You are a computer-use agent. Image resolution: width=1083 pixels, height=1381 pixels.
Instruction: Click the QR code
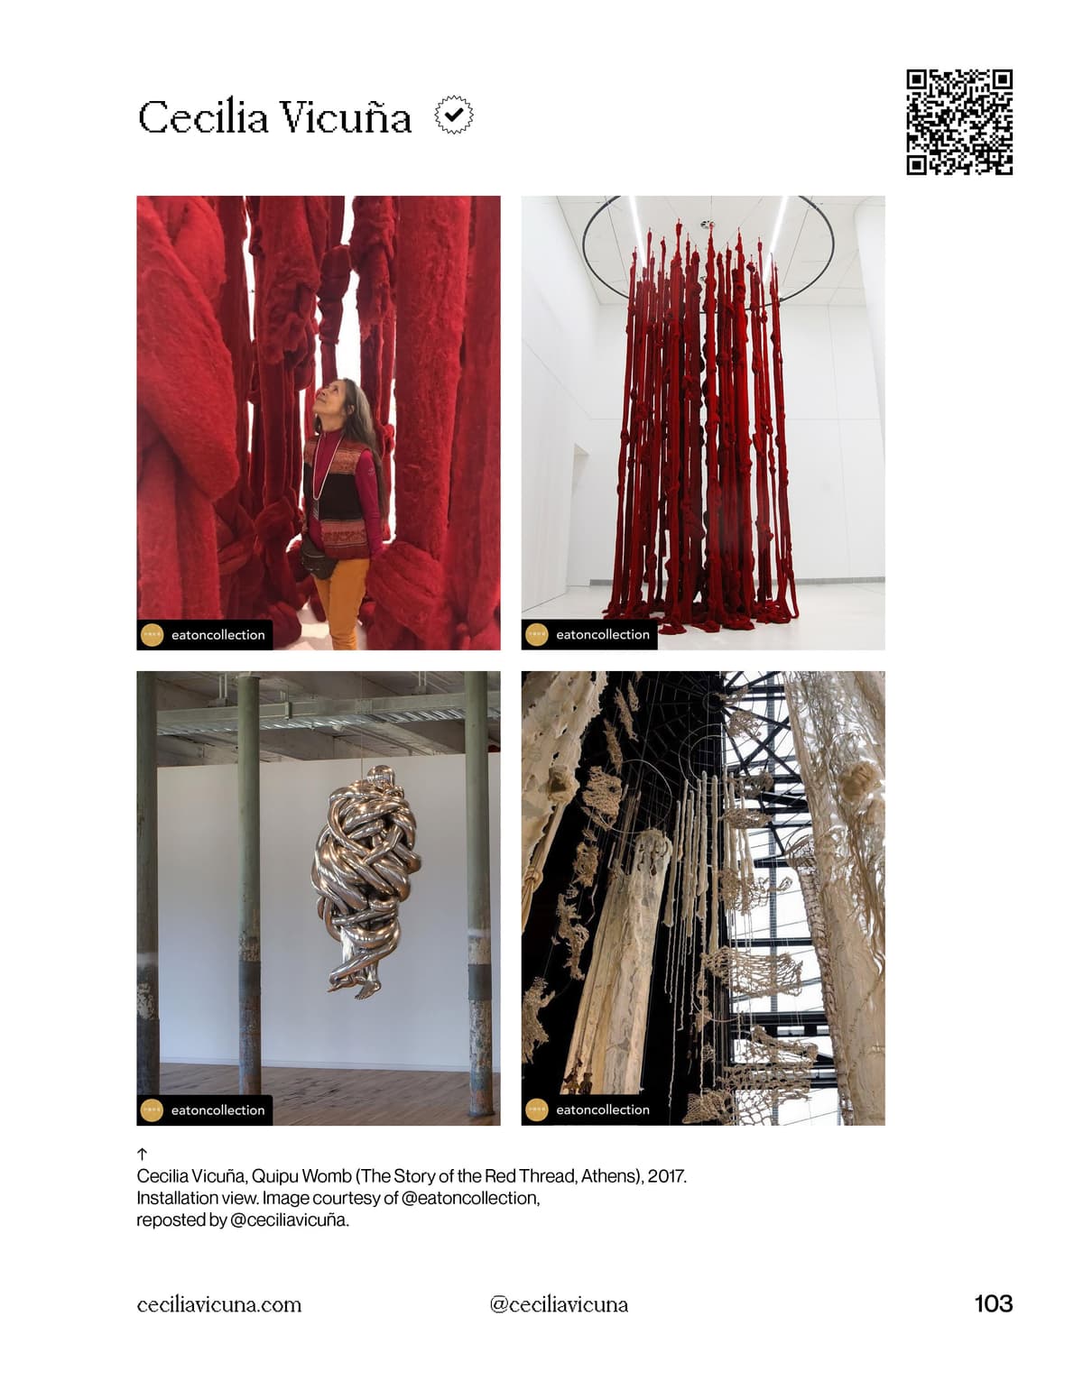(959, 122)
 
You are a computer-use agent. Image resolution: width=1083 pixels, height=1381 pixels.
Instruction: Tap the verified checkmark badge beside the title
(454, 115)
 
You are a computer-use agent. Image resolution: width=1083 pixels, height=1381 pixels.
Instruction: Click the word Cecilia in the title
(203, 116)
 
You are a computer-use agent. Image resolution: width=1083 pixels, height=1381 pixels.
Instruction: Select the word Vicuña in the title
(347, 116)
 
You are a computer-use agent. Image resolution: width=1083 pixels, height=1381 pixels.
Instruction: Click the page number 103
(994, 1304)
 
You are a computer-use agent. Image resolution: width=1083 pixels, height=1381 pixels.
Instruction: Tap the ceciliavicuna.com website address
(219, 1305)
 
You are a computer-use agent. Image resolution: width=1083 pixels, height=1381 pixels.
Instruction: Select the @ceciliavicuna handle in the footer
(559, 1305)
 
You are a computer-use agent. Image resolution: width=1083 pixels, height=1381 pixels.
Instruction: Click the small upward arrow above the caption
(143, 1154)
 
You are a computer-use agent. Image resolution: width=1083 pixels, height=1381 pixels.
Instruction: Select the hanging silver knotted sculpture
(366, 881)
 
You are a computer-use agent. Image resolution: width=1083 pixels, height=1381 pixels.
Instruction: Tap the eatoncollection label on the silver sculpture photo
(218, 1110)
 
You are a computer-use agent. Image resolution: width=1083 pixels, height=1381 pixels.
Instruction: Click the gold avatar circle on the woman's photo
(152, 635)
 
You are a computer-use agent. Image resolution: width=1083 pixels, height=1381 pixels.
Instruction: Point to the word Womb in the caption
(325, 1176)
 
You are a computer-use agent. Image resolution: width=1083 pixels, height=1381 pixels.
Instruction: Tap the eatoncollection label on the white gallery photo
(603, 634)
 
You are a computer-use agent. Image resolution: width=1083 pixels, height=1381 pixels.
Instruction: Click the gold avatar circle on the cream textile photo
(537, 1110)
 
